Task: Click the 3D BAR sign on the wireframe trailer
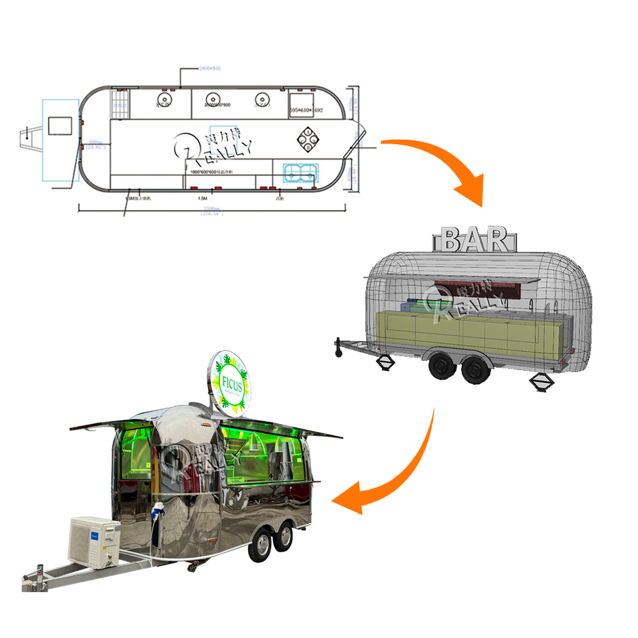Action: pos(476,240)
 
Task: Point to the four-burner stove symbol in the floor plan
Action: pos(308,138)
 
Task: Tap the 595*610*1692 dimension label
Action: pos(306,111)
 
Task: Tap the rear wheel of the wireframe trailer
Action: pos(473,368)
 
